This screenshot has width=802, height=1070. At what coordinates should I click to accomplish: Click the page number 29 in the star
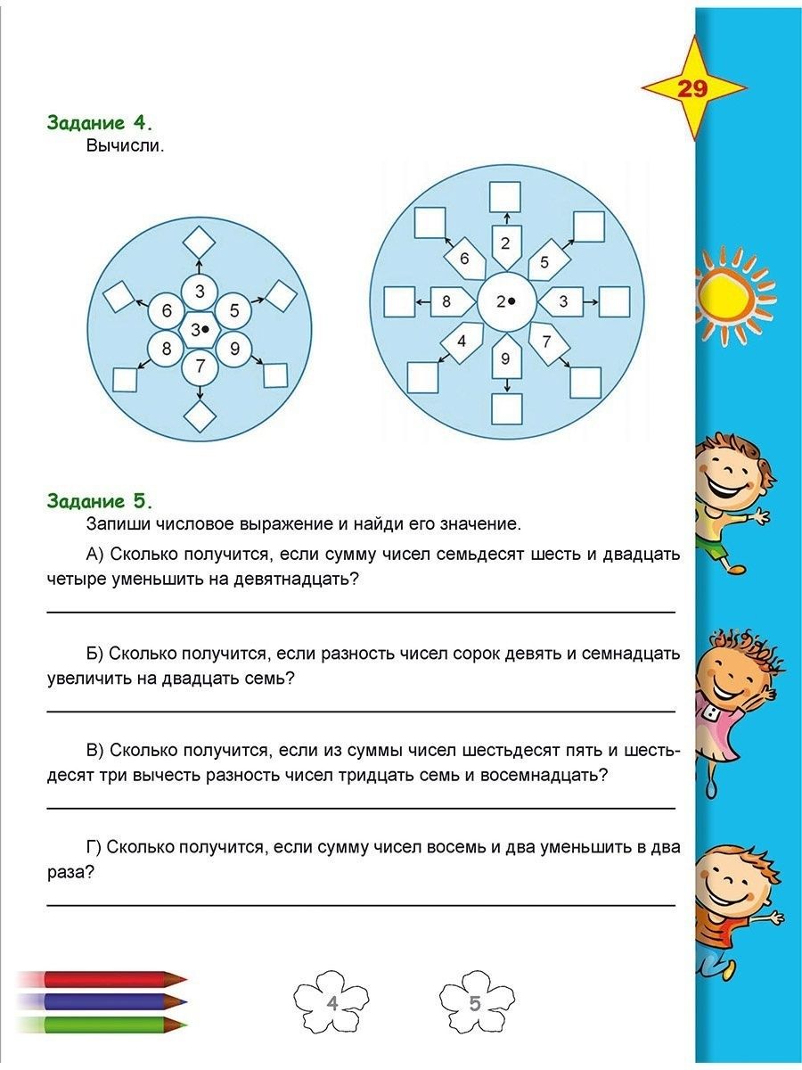pyautogui.click(x=692, y=89)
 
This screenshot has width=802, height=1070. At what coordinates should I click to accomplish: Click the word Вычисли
pyautogui.click(x=126, y=145)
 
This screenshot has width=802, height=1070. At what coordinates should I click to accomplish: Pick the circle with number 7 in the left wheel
pyautogui.click(x=200, y=366)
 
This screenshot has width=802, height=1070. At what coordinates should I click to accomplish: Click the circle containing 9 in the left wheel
pyautogui.click(x=234, y=348)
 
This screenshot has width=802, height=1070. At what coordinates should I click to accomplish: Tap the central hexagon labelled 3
pyautogui.click(x=200, y=329)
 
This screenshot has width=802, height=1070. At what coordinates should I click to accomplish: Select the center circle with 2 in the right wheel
pyautogui.click(x=506, y=301)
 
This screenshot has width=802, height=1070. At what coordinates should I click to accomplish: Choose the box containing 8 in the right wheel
pyautogui.click(x=446, y=301)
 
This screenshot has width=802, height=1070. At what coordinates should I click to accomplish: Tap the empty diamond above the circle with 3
pyautogui.click(x=200, y=242)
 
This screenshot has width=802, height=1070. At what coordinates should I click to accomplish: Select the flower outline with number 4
pyautogui.click(x=331, y=1003)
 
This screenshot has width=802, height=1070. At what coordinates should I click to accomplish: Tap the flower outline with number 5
pyautogui.click(x=477, y=1003)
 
